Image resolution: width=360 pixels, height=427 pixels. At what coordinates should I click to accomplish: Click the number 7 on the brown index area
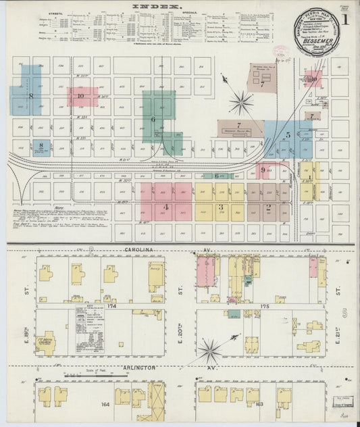pos(238,125)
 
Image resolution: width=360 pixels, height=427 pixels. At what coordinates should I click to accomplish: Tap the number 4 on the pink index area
pos(165,206)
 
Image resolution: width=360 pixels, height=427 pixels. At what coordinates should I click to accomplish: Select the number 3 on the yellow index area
pos(220,206)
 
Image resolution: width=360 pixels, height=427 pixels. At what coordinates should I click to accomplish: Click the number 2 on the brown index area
pos(269,206)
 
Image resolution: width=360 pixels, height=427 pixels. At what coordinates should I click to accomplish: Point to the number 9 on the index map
pos(263,170)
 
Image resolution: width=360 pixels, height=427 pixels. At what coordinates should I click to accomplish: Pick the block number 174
pos(111,306)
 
